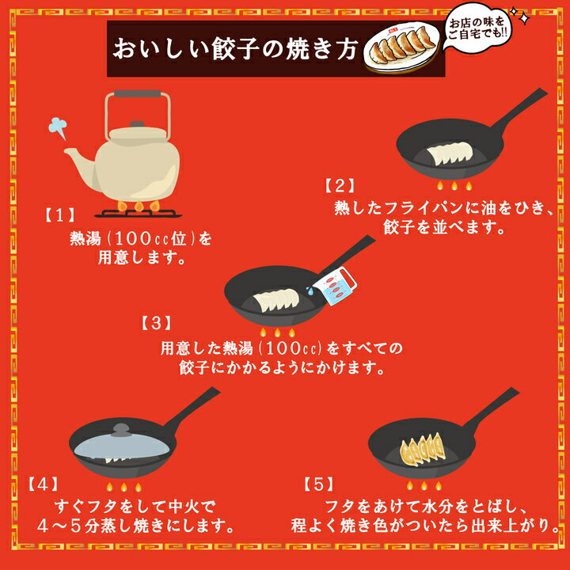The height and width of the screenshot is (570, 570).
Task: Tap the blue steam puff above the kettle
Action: click(x=58, y=127)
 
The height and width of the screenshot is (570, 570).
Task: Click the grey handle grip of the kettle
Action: click(x=138, y=93)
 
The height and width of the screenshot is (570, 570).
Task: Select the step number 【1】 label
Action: click(x=60, y=215)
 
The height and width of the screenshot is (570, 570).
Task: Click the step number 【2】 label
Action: click(x=340, y=185)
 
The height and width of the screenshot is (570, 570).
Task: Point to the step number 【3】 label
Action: click(x=156, y=322)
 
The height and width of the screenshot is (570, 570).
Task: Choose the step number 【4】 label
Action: click(x=44, y=484)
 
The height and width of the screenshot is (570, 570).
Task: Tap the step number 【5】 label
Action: click(x=318, y=484)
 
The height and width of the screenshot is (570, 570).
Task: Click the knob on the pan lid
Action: click(x=121, y=430)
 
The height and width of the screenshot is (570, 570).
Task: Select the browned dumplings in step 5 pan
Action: click(x=422, y=450)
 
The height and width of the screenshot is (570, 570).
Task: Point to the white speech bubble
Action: click(x=477, y=27)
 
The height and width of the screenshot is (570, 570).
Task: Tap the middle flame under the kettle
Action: click(x=139, y=206)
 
